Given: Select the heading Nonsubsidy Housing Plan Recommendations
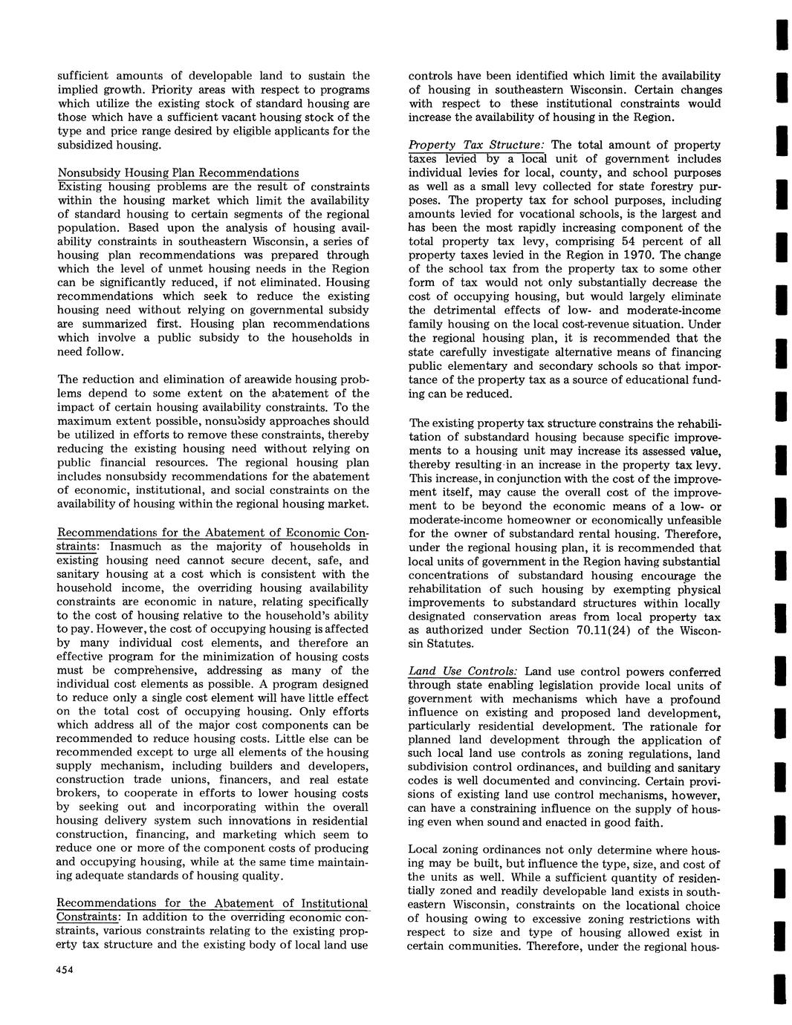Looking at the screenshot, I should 178,173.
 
